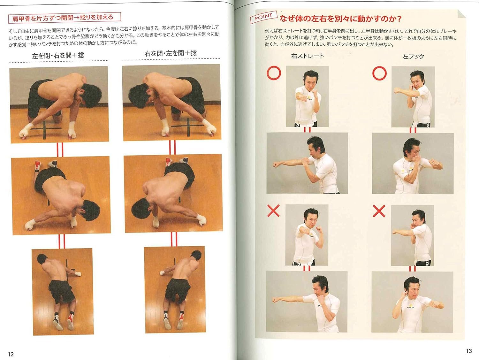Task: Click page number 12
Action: pyautogui.click(x=11, y=354)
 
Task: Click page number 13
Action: pyautogui.click(x=469, y=351)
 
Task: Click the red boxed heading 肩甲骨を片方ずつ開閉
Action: pyautogui.click(x=64, y=18)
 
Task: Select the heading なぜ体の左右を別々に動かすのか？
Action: pyautogui.click(x=340, y=19)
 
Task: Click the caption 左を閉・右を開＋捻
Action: pyautogui.click(x=58, y=55)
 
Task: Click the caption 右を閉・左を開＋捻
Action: pyautogui.click(x=171, y=53)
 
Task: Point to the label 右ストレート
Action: pyautogui.click(x=308, y=56)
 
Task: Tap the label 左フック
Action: pyautogui.click(x=413, y=57)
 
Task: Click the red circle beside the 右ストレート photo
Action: pyautogui.click(x=274, y=73)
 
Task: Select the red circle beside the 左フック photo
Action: pyautogui.click(x=379, y=73)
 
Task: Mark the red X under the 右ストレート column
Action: pyautogui.click(x=273, y=211)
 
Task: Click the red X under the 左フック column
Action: pyautogui.click(x=379, y=211)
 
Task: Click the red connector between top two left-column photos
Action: pyautogui.click(x=60, y=149)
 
